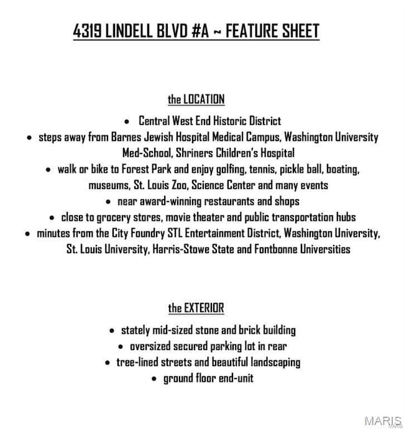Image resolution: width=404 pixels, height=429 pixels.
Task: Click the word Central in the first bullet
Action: point(156,121)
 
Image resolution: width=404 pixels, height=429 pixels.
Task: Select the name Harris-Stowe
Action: point(181,250)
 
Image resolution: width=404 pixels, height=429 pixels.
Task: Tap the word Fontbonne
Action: point(265,250)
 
